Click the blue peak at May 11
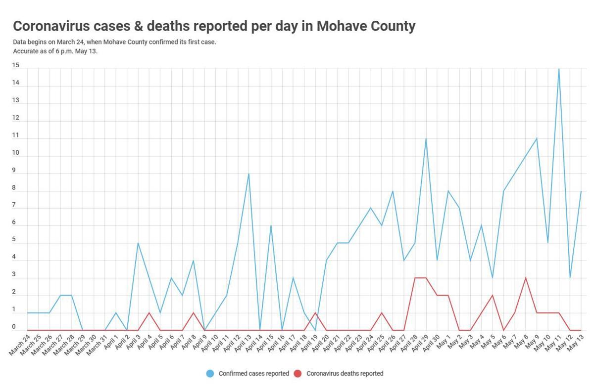(x=559, y=69)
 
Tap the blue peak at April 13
(x=248, y=173)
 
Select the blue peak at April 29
(x=426, y=139)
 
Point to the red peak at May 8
(x=526, y=278)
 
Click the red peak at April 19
(x=315, y=313)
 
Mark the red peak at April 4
(x=149, y=313)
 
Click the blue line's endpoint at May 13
(x=581, y=191)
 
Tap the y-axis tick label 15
(x=16, y=65)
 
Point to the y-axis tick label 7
(x=15, y=205)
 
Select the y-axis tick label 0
(x=15, y=327)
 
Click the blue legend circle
(x=210, y=374)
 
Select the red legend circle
(x=298, y=374)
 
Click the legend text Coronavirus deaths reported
(x=345, y=374)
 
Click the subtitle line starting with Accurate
(x=55, y=51)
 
